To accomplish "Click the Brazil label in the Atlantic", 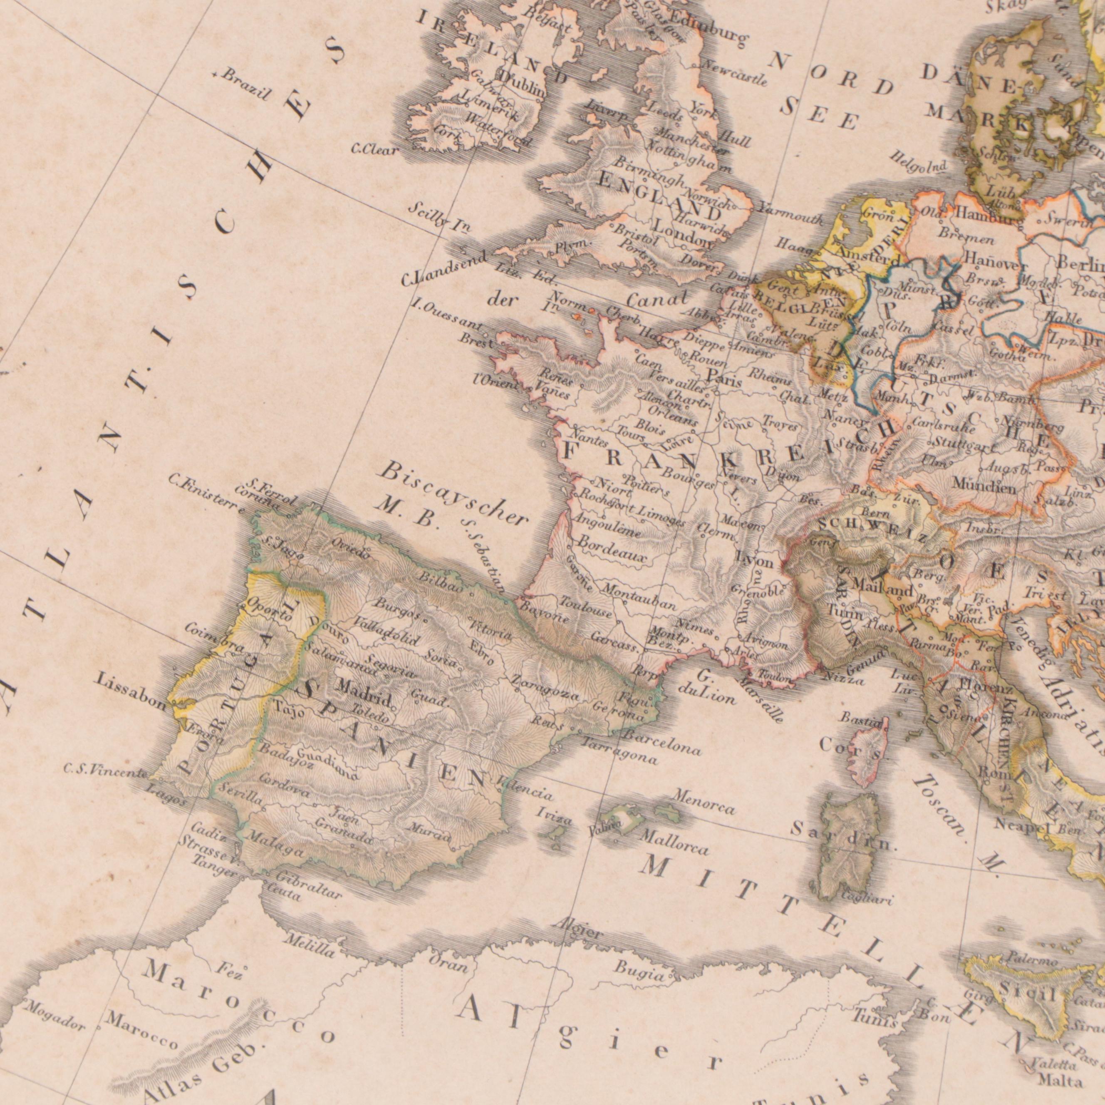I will [245, 85].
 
